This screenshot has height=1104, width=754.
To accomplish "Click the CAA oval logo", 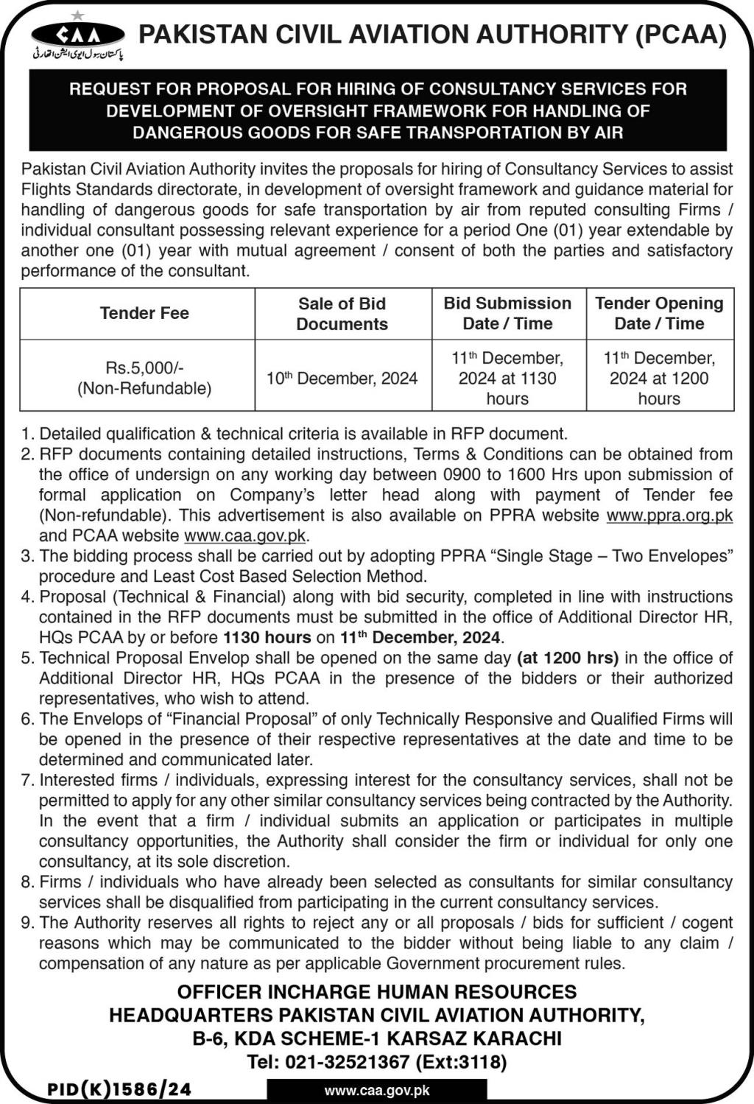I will [x=78, y=34].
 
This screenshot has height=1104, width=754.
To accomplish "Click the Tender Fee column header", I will [x=144, y=313].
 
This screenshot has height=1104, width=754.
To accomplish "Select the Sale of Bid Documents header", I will [x=342, y=314].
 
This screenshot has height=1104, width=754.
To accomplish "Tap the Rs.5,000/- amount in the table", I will [x=144, y=368].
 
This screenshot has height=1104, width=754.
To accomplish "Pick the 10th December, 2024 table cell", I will [x=342, y=379].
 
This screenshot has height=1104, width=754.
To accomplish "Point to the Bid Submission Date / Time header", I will [x=507, y=314].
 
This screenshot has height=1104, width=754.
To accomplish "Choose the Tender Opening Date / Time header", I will [x=659, y=314].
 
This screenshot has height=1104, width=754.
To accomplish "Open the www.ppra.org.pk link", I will [x=669, y=516].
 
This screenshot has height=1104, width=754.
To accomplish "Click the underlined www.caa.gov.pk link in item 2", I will [x=244, y=536].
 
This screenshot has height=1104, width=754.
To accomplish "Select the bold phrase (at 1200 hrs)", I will [x=568, y=658].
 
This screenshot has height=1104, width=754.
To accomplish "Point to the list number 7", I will [x=27, y=780].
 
